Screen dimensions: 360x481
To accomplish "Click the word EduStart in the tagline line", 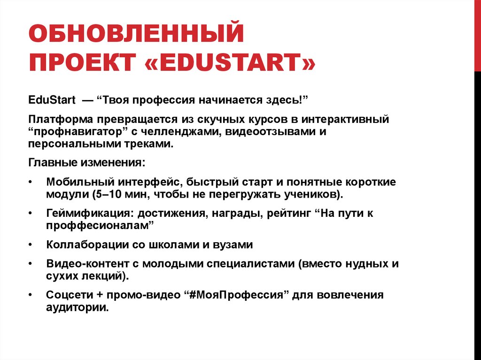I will click(x=49, y=101).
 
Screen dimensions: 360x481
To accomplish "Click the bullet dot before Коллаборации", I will click(x=31, y=245).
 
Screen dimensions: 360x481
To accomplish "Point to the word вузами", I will click(x=234, y=245).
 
